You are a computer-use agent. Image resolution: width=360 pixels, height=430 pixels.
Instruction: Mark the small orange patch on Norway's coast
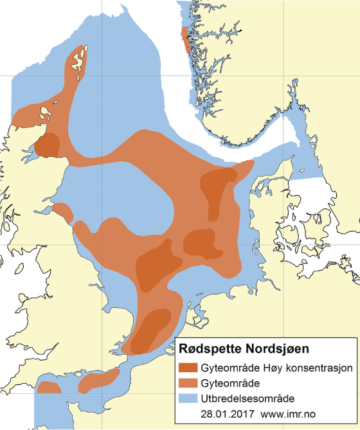pos(186,39)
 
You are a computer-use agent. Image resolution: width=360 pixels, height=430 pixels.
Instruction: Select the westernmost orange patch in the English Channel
pos(48,388)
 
